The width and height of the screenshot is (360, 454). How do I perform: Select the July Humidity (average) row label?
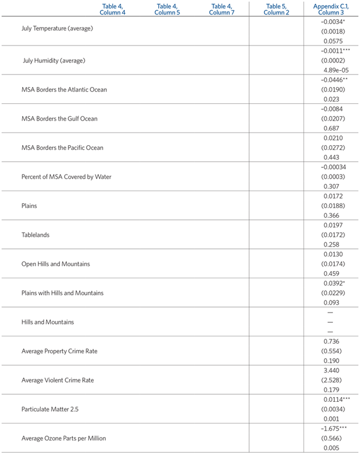pyautogui.click(x=53, y=61)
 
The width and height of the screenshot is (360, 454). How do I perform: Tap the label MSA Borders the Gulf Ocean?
pyautogui.click(x=59, y=119)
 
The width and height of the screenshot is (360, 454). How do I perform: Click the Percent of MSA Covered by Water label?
pyautogui.click(x=66, y=176)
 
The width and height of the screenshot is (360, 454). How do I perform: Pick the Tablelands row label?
pyautogui.click(x=35, y=234)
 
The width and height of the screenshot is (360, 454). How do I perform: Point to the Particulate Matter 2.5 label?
pyautogui.click(x=49, y=409)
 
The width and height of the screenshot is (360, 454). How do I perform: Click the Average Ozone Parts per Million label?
pyautogui.click(x=63, y=438)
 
